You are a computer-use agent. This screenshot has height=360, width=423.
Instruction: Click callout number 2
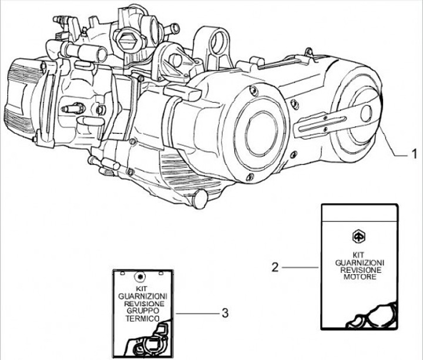274,267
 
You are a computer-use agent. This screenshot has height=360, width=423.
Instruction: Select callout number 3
224,313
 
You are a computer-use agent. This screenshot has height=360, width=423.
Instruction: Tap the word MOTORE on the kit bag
360,277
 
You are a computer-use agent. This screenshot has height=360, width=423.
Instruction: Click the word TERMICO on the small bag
142,317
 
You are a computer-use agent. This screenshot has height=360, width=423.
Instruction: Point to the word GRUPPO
141,311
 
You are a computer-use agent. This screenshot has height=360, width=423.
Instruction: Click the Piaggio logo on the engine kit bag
359,236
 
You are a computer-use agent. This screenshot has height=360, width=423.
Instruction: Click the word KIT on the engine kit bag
360,254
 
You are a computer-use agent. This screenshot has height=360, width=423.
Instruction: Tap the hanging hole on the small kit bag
140,277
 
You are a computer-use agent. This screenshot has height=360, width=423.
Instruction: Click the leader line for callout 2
300,267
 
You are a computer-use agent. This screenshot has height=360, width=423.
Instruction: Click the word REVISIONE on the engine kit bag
360,269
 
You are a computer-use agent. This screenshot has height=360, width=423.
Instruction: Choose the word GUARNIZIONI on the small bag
141,297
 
